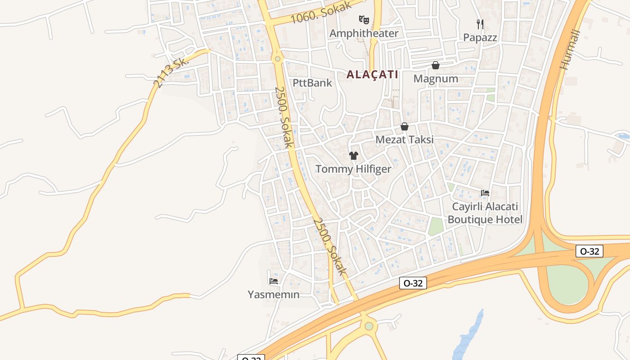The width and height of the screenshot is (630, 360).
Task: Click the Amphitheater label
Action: tap(364, 33)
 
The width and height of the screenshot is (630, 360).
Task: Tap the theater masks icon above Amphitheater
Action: tap(364, 19)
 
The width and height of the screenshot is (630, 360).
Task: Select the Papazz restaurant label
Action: tap(480, 37)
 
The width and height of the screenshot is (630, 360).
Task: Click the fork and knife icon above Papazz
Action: tap(480, 23)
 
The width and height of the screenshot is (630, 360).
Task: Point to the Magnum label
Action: tap(436, 79)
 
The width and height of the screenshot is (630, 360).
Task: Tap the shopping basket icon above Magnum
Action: tap(435, 65)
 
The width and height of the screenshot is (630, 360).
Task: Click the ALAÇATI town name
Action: tap(372, 75)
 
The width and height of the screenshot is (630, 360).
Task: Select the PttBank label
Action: tap(312, 83)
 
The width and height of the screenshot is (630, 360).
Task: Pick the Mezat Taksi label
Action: tap(405, 139)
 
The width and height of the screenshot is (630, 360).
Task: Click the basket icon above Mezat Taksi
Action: tap(405, 126)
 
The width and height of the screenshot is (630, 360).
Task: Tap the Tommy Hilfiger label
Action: tap(353, 169)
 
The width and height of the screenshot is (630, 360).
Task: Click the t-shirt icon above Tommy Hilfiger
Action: tap(354, 156)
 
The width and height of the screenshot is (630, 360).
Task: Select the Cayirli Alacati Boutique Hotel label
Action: tap(485, 213)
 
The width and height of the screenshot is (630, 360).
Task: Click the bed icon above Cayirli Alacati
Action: tap(485, 193)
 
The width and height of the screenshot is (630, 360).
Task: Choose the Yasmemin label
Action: tap(273, 295)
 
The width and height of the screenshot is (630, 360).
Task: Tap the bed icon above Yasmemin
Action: tap(273, 281)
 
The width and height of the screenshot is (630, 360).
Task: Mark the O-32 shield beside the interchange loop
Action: tap(589, 251)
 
